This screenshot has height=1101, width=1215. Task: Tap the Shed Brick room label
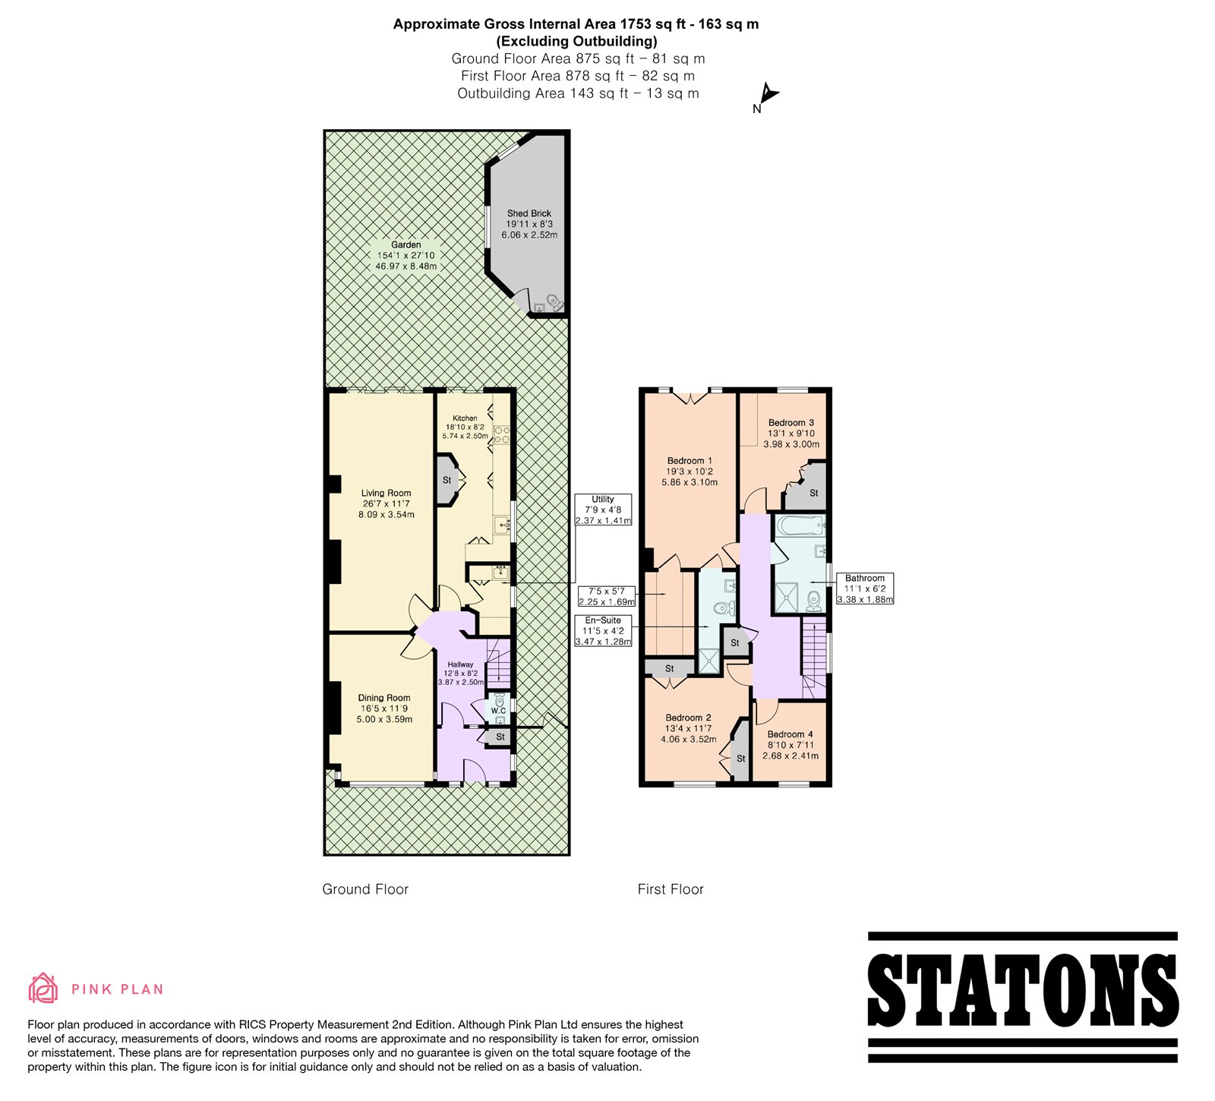[529, 213]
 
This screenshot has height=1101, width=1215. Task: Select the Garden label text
[406, 244]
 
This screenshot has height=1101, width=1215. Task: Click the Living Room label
[386, 493]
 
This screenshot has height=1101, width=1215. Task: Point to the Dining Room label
[384, 698]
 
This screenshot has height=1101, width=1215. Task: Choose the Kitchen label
[465, 418]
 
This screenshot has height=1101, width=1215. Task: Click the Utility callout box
[603, 509]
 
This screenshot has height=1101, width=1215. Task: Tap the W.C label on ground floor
[498, 711]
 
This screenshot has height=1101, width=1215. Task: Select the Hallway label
[460, 664]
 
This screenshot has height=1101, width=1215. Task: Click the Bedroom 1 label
[690, 461]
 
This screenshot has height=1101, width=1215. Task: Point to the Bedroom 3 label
[791, 423]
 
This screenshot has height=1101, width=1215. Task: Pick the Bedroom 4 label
[791, 734]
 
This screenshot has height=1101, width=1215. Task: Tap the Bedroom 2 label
[689, 718]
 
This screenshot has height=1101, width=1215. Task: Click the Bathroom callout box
[865, 588]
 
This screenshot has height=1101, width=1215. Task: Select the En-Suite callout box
[603, 631]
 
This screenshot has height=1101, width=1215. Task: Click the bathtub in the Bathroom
[798, 525]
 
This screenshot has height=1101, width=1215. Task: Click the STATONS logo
[1023, 996]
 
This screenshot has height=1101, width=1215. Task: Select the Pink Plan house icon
[43, 988]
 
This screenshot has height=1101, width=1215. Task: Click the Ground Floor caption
[365, 889]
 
